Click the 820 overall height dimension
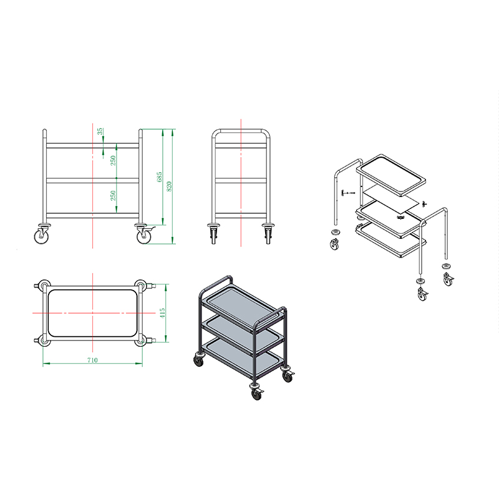pyautogui.click(x=169, y=186)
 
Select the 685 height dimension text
pyautogui.click(x=160, y=177)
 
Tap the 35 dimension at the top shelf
pyautogui.click(x=100, y=131)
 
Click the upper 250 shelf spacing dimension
pyautogui.click(x=113, y=160)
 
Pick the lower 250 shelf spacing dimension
pyautogui.click(x=113, y=195)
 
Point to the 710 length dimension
pyautogui.click(x=92, y=360)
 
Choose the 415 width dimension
pyautogui.click(x=162, y=313)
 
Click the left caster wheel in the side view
pyautogui.click(x=42, y=235)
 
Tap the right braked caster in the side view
pyautogui.click(x=144, y=235)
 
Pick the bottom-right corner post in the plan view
pyautogui.click(x=140, y=341)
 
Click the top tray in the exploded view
pyautogui.click(x=391, y=175)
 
